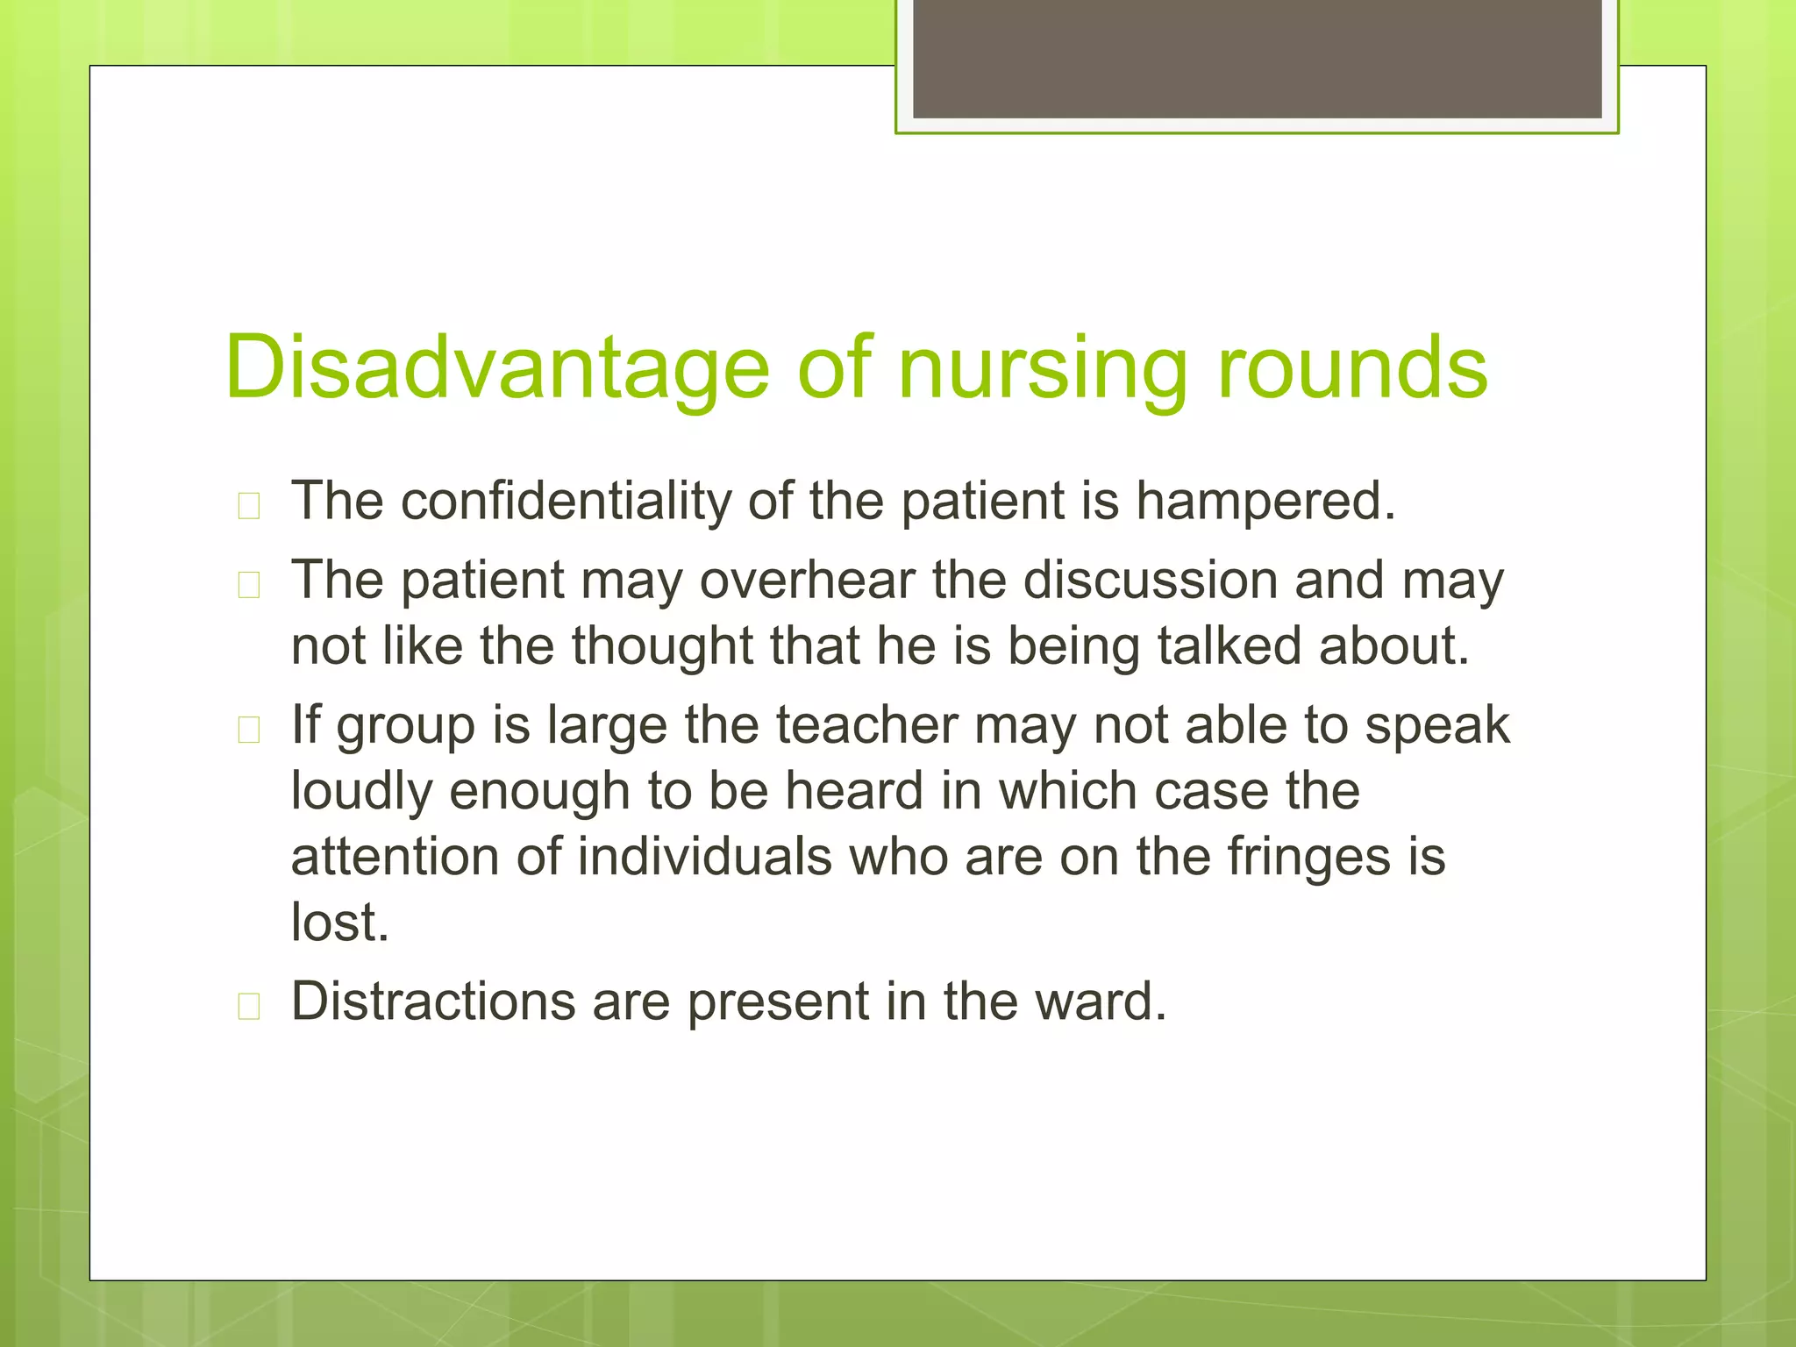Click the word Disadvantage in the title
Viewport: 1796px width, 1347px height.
[x=496, y=368]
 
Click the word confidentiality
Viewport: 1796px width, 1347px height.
[x=566, y=502]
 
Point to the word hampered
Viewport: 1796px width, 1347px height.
[x=1265, y=502]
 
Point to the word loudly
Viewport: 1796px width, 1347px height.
[x=361, y=791]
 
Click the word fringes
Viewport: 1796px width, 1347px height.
[x=1308, y=857]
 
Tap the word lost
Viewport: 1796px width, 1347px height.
[x=339, y=923]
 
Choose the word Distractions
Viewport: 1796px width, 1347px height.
[x=433, y=1001]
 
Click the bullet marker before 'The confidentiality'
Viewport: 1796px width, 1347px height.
[x=249, y=507]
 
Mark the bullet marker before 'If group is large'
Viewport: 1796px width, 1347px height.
[x=249, y=731]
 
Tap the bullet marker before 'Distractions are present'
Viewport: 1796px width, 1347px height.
[x=249, y=1008]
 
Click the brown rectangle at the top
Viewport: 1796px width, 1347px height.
[x=1257, y=59]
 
